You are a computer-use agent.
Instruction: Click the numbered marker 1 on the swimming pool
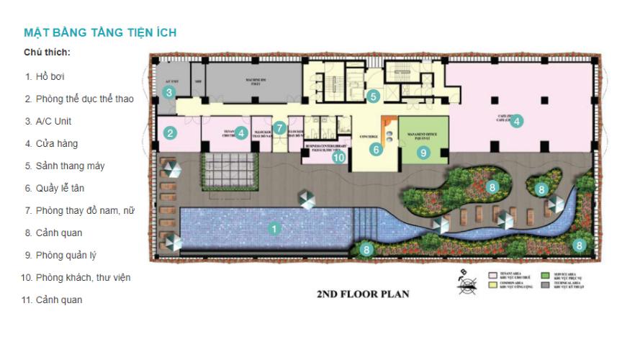(x=273, y=229)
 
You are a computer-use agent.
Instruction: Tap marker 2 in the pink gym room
(x=170, y=132)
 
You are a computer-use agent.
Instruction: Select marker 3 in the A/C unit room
(x=168, y=92)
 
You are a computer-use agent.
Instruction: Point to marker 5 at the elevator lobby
(x=372, y=95)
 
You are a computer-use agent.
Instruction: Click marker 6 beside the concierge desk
(x=375, y=150)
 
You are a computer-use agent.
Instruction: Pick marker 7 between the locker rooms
(x=280, y=128)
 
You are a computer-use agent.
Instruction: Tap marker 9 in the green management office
(x=423, y=152)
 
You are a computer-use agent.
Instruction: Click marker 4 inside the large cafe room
(x=516, y=122)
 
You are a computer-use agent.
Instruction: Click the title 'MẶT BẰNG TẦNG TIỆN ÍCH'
(x=100, y=32)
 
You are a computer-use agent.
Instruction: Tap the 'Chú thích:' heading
(x=47, y=53)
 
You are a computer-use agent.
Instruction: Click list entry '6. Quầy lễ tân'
(x=58, y=188)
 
